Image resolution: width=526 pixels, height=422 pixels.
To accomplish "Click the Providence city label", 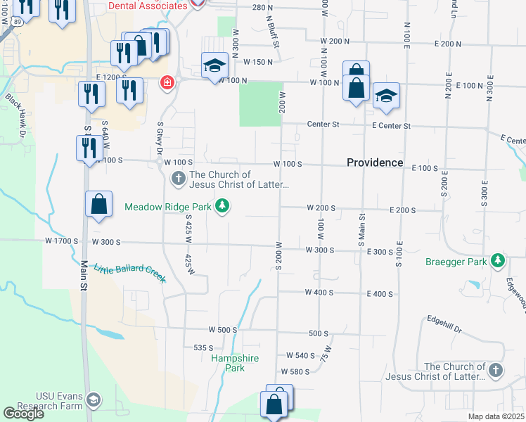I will [375, 162].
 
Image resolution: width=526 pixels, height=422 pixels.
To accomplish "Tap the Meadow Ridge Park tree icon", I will [222, 206].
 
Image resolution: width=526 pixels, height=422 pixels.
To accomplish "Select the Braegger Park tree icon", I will [499, 261].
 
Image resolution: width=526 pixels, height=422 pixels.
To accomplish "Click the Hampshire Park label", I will [235, 363].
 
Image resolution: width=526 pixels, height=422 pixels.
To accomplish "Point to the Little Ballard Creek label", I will [130, 272].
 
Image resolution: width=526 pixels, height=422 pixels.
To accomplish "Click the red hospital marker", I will [167, 83].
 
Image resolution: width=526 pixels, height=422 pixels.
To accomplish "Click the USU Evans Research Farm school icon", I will [93, 401].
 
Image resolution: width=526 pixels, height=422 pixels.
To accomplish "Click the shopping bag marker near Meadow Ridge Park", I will [99, 204].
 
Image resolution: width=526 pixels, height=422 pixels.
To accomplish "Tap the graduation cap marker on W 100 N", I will [214, 66].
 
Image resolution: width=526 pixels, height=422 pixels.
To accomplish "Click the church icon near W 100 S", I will [179, 179].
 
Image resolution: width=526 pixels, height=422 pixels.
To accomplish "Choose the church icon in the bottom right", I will [496, 370].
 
